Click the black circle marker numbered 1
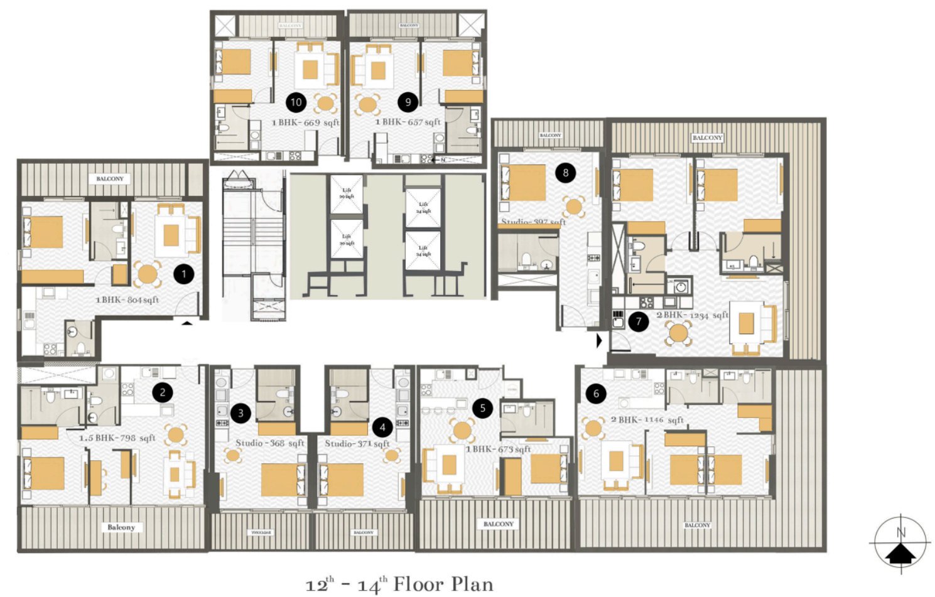183,274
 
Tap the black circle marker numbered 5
482,408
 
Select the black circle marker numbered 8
565,173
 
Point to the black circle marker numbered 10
296,102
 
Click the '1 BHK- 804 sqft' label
127,300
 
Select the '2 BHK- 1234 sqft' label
692,315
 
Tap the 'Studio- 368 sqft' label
269,443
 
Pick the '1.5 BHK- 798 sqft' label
117,438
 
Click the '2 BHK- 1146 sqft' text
647,419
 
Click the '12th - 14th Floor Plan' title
399,584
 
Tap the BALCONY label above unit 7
707,137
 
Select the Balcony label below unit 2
121,527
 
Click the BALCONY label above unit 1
110,179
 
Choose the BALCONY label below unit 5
499,524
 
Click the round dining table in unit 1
147,274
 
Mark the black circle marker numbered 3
241,412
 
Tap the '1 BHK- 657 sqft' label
408,122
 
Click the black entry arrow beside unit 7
599,341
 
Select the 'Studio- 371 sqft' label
357,443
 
